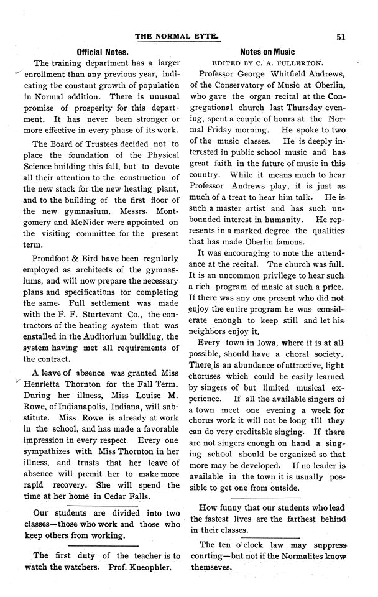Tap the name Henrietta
pyautogui.click(x=55, y=384)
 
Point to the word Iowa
pyautogui.click(x=263, y=342)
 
